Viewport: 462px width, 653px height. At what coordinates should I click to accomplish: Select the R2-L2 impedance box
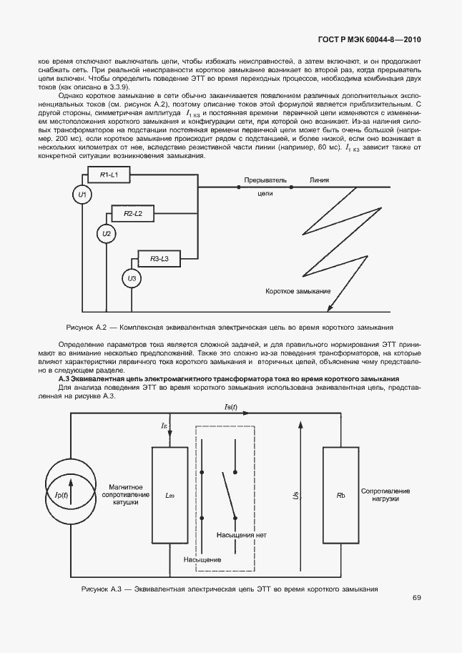[x=132, y=214]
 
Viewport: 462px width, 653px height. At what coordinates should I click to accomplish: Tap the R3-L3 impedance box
[x=154, y=258]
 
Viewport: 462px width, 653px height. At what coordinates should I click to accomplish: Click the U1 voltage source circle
[x=82, y=195]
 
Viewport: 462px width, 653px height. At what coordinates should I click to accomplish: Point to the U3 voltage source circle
[x=131, y=278]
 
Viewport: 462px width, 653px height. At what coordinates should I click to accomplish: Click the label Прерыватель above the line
[x=265, y=180]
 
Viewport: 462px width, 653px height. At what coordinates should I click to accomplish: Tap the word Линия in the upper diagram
[x=320, y=180]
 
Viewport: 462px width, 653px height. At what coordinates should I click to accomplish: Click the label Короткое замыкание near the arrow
[x=298, y=292]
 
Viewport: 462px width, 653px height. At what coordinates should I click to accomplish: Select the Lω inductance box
[x=169, y=495]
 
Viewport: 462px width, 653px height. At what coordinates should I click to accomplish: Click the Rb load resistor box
[x=340, y=495]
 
